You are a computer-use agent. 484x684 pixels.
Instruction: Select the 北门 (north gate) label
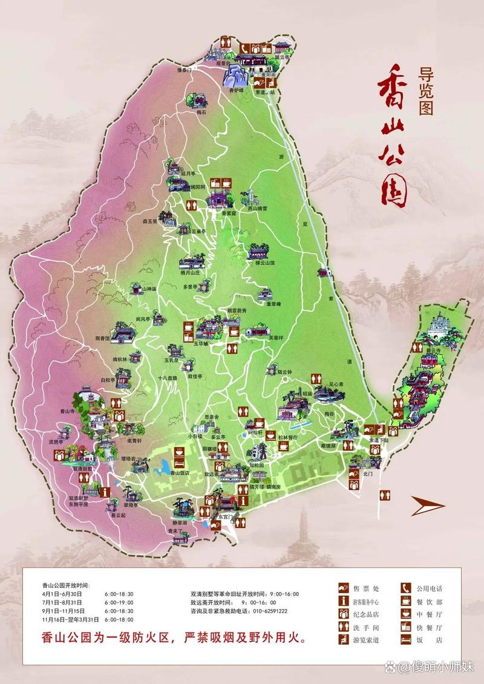[x=368, y=475]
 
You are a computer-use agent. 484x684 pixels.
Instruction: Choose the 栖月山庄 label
[x=189, y=273]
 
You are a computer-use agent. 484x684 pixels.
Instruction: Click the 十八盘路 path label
[x=167, y=377]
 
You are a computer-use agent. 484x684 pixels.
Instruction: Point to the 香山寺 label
[x=67, y=411]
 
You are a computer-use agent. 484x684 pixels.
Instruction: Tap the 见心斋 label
[x=336, y=384]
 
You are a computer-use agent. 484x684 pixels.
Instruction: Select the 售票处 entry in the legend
[x=367, y=588]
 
